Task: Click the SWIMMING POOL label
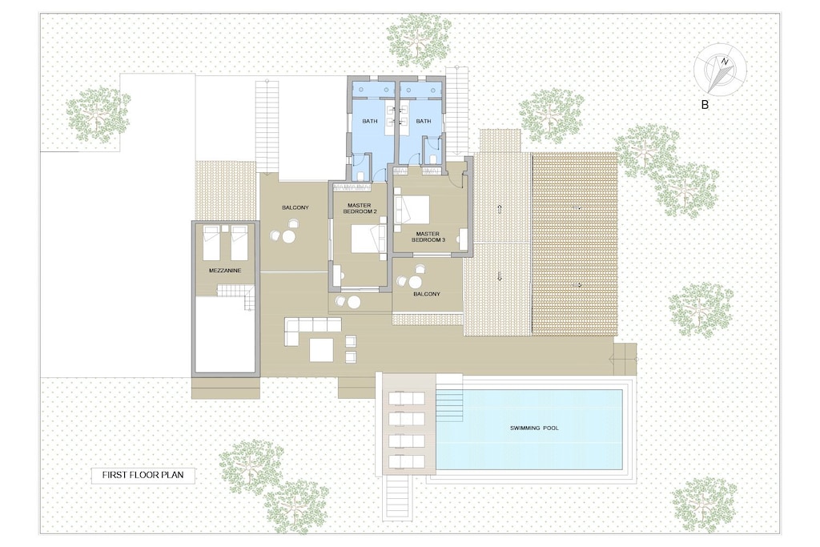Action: click(534, 428)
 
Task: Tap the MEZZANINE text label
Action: click(225, 271)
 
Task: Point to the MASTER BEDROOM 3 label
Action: click(428, 235)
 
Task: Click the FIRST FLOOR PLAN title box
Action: click(143, 475)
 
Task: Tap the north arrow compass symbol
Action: click(721, 70)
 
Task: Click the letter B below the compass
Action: click(705, 104)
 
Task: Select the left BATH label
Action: click(369, 121)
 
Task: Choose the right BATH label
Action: click(423, 121)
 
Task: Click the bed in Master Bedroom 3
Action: click(413, 210)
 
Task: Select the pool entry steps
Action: click(450, 404)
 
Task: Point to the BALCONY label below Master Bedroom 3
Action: click(427, 294)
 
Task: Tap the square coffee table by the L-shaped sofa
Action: click(322, 349)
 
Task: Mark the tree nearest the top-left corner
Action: click(98, 115)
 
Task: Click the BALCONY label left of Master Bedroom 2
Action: click(295, 208)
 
